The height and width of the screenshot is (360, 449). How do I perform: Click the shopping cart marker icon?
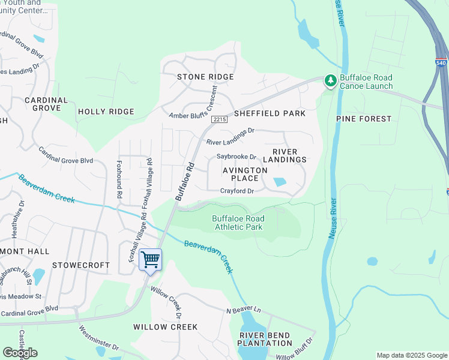click(150, 260)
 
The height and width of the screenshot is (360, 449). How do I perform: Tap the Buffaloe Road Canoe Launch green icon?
click(330, 80)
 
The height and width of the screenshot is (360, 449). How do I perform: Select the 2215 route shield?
click(220, 120)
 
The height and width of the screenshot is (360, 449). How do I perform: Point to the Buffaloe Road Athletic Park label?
click(238, 223)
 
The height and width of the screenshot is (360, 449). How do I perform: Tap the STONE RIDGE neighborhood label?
click(205, 77)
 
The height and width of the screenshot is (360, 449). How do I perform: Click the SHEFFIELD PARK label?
click(270, 113)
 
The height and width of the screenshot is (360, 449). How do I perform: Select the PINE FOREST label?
click(364, 119)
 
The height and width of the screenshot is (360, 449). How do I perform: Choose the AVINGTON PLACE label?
click(245, 174)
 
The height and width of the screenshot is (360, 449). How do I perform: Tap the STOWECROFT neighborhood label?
click(81, 265)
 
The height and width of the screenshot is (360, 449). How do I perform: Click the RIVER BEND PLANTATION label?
click(265, 339)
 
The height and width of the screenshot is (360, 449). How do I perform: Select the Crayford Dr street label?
click(237, 191)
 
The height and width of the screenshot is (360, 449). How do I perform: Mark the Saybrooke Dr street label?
click(237, 157)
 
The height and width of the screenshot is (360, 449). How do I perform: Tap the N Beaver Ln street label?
click(243, 310)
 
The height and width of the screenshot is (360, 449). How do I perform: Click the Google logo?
click(20, 353)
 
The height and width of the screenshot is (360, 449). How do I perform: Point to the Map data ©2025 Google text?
click(411, 355)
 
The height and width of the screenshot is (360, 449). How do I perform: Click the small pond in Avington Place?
click(280, 182)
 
